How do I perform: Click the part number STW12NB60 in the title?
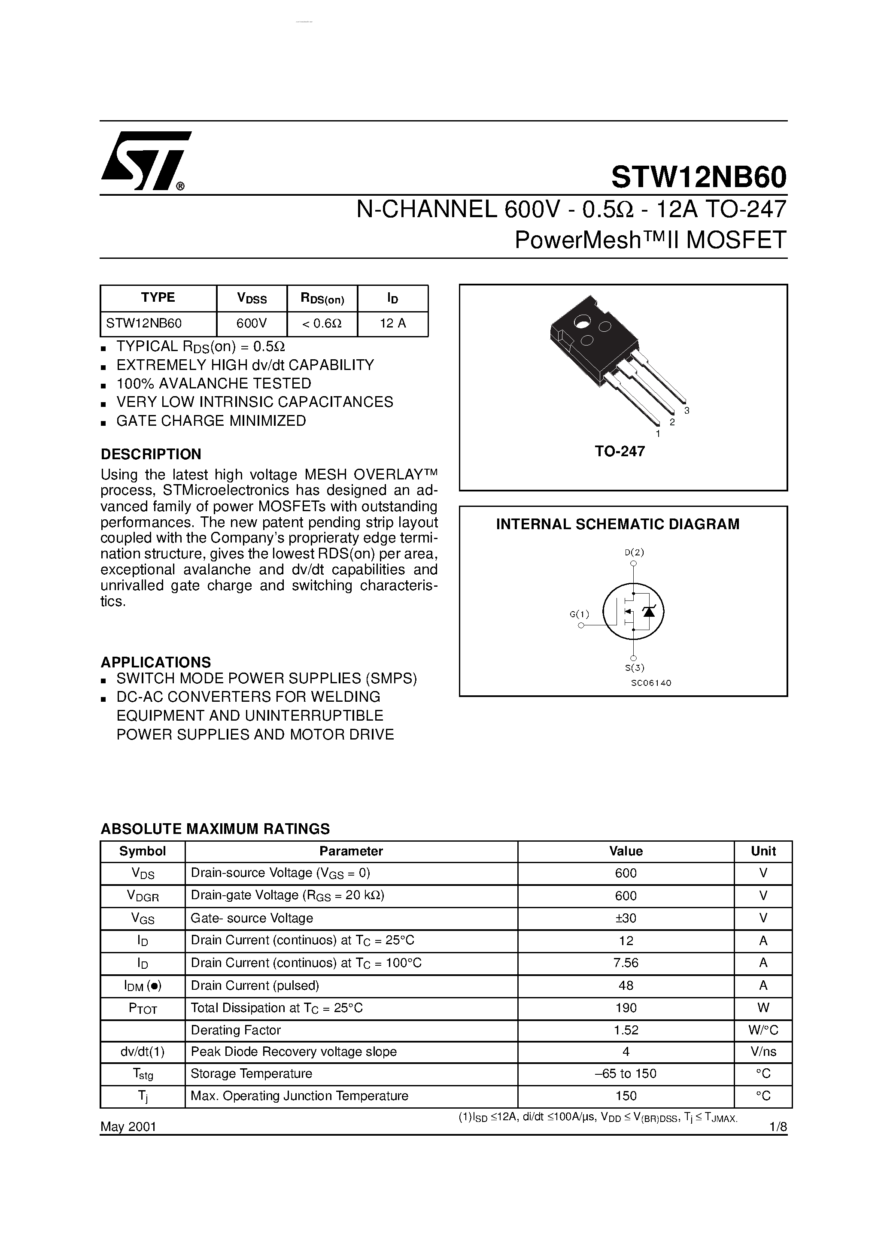click(699, 176)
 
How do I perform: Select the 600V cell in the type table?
click(252, 323)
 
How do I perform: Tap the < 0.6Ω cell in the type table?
click(322, 323)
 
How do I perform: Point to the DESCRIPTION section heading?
click(151, 454)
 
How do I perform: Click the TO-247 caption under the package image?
click(620, 452)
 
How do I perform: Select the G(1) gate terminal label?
click(579, 614)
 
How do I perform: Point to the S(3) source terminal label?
click(635, 667)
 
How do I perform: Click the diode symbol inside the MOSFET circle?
click(649, 612)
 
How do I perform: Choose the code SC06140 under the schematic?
click(651, 683)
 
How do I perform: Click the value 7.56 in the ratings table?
click(626, 963)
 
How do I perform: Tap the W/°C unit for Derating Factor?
click(763, 1030)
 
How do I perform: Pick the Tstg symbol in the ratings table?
click(143, 1074)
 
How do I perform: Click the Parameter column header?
click(351, 851)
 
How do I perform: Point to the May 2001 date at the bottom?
click(128, 1127)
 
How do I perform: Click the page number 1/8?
click(777, 1127)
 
